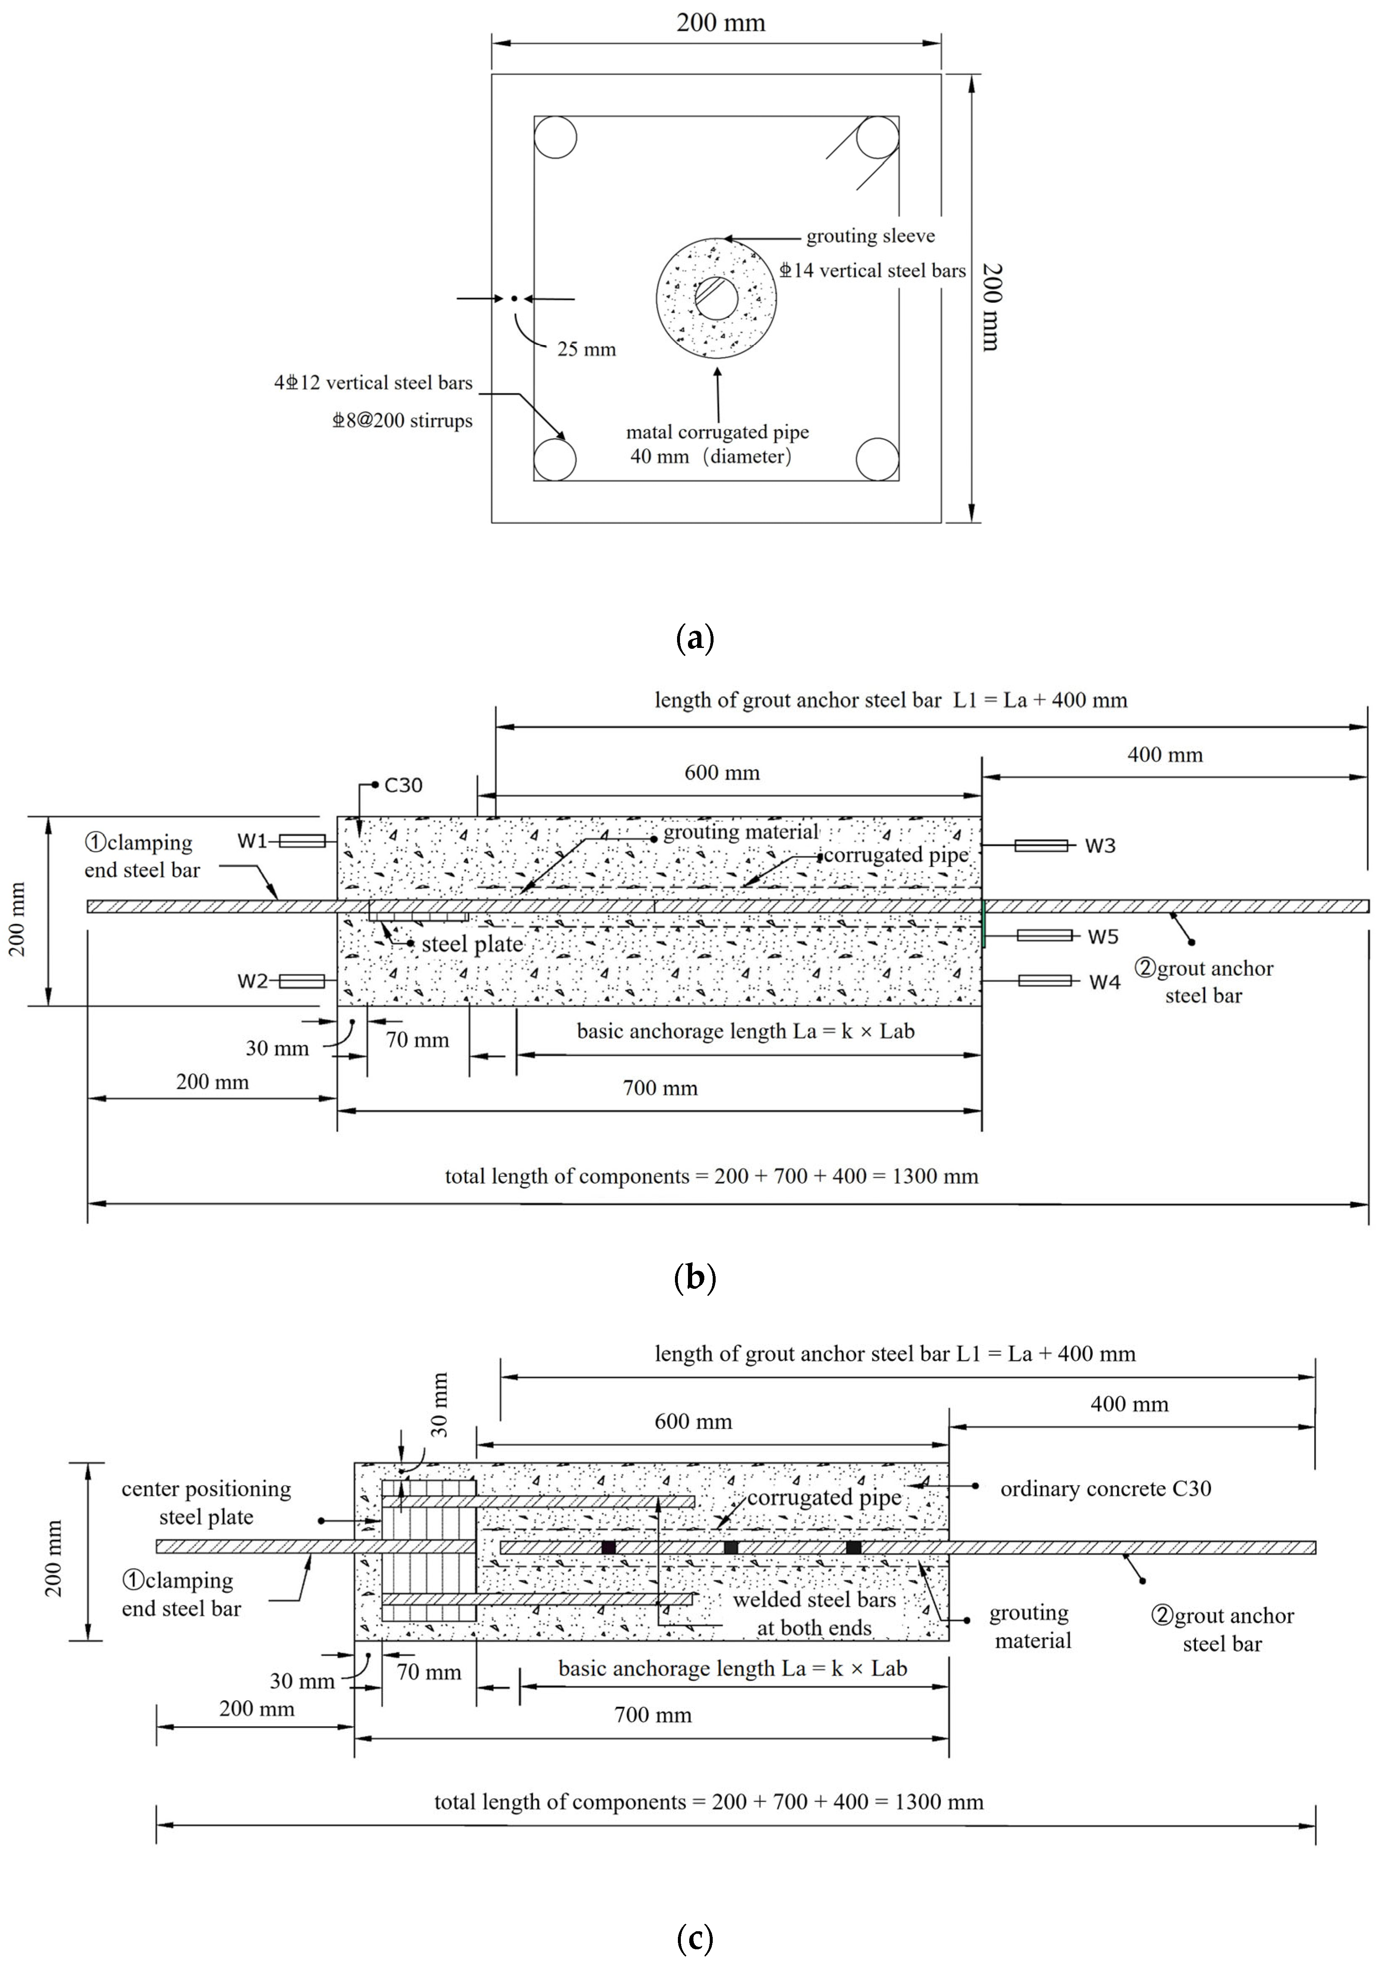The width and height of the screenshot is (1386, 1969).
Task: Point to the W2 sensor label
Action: tap(252, 981)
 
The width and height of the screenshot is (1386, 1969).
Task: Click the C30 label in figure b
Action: tap(403, 786)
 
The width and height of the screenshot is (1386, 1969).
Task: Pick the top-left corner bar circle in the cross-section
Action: tap(555, 137)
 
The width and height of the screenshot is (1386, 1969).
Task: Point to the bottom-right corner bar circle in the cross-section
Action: tap(878, 459)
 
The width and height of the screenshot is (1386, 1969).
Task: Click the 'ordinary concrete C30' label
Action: tap(1105, 1489)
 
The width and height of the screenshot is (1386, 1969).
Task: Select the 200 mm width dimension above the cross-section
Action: tap(720, 23)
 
